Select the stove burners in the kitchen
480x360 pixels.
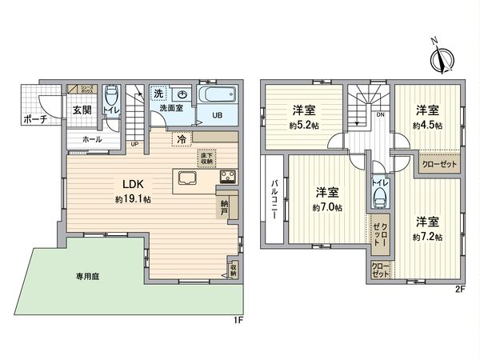pyautogui.click(x=226, y=177)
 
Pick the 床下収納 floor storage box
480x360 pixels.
pyautogui.click(x=206, y=157)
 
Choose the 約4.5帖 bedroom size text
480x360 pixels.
pyautogui.click(x=427, y=126)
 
